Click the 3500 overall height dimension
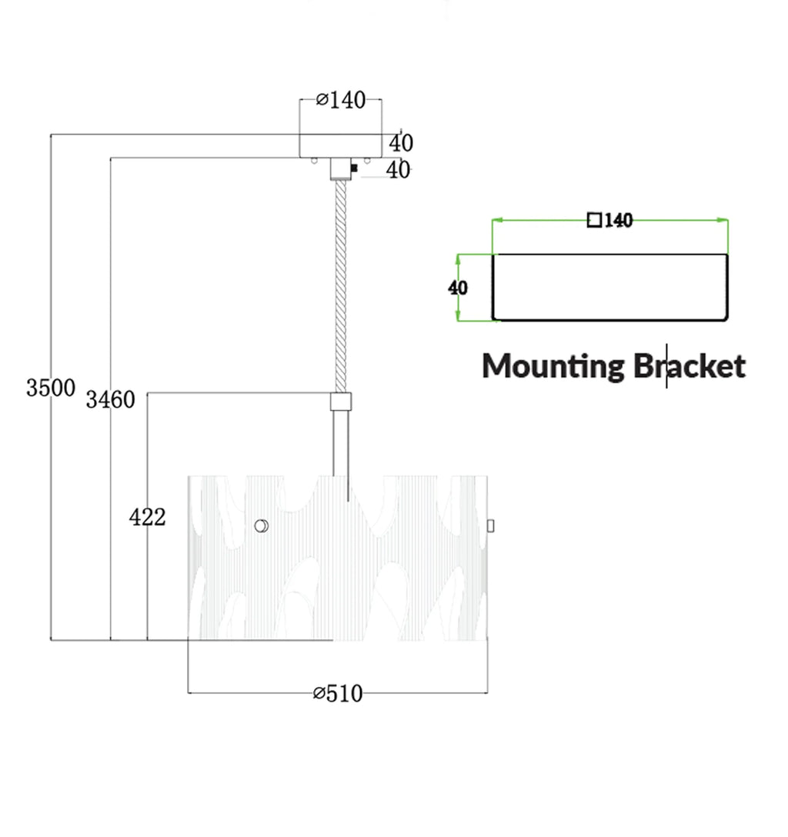pyautogui.click(x=51, y=388)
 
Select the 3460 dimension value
pyautogui.click(x=111, y=399)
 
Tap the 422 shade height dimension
pyautogui.click(x=147, y=517)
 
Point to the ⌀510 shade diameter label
pyautogui.click(x=338, y=693)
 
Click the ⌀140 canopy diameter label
pyautogui.click(x=341, y=100)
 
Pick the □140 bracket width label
pyautogui.click(x=609, y=220)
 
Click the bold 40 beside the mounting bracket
pyautogui.click(x=458, y=288)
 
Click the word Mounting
pyautogui.click(x=553, y=367)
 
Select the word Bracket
pyautogui.click(x=689, y=366)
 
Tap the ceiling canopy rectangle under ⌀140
pyautogui.click(x=341, y=146)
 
